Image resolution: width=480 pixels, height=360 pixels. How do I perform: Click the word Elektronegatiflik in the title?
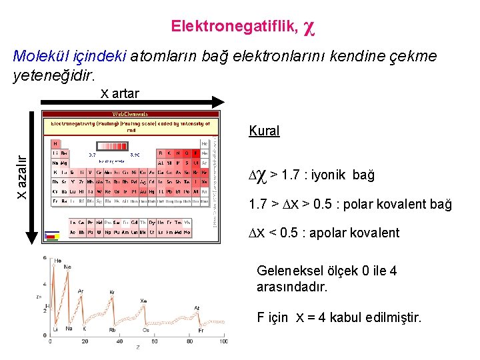coord(234,26)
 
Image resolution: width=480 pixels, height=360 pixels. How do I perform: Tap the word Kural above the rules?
coord(264,131)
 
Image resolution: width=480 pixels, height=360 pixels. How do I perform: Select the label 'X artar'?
coord(120,93)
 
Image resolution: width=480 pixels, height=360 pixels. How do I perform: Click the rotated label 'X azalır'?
coord(22,177)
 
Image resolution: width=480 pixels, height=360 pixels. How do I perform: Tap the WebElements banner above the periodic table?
coord(130,114)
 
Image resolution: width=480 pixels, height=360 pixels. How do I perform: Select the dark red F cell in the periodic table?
coord(195,153)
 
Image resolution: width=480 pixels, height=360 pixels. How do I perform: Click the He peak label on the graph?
coord(58,261)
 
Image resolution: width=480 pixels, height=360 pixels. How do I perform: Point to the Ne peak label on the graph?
coord(67,267)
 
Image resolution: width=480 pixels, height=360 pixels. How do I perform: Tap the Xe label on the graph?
coord(143,301)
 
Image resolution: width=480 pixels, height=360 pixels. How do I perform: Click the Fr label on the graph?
coord(199,330)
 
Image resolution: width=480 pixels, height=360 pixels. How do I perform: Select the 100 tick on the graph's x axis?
coord(223,341)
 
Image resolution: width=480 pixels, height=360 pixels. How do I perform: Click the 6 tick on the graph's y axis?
coord(44,258)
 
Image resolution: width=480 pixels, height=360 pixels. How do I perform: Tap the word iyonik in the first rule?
coord(327,175)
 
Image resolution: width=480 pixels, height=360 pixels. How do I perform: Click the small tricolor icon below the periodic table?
coord(51,235)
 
